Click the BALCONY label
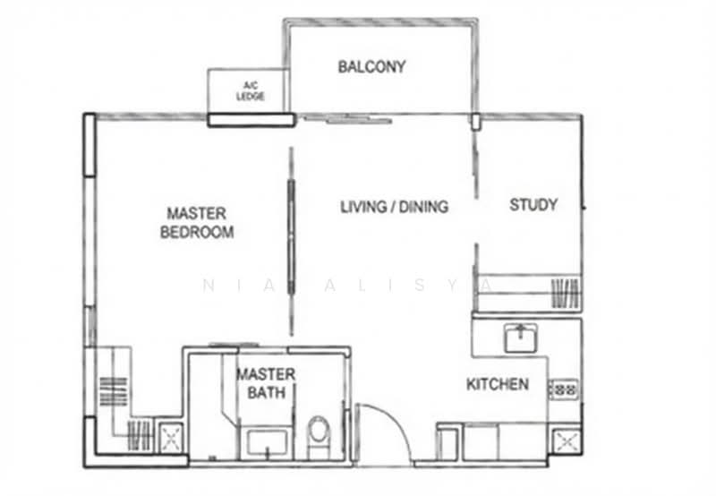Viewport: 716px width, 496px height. point(371,66)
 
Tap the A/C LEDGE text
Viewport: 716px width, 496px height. point(250,91)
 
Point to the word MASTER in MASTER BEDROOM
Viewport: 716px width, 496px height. point(197,214)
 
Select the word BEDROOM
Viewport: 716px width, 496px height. point(197,233)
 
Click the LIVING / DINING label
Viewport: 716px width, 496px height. point(394,207)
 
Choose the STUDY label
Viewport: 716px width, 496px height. point(533,205)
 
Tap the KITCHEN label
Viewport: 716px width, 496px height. point(497,385)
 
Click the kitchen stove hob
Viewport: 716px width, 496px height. point(564,389)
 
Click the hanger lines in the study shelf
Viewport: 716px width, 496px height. point(565,293)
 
